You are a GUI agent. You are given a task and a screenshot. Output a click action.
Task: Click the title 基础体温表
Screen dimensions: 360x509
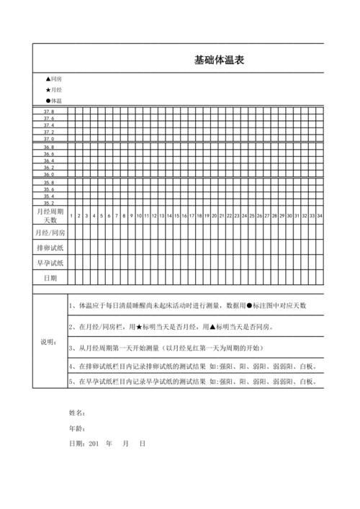(x=219, y=60)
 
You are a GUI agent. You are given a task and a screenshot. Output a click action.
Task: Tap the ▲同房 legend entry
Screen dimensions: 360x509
(x=53, y=78)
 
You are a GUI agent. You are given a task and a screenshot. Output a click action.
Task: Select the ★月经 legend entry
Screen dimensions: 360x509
(x=53, y=90)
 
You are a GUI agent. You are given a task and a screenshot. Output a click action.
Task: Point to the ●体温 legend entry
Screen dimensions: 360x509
(x=53, y=101)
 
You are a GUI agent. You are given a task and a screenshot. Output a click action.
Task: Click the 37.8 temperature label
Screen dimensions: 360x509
(x=49, y=112)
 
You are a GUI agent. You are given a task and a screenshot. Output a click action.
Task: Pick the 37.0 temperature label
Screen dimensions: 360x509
(x=49, y=139)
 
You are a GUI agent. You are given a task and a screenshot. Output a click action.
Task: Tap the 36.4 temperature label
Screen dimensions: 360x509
(x=49, y=161)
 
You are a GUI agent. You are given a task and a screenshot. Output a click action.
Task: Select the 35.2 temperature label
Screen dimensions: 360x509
(x=49, y=203)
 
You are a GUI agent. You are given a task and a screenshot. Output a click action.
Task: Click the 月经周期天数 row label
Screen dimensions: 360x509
(x=50, y=215)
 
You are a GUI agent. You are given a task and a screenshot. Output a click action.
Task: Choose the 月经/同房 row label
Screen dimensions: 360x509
(x=50, y=233)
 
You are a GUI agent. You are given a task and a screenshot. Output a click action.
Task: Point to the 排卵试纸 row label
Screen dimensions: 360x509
(x=50, y=248)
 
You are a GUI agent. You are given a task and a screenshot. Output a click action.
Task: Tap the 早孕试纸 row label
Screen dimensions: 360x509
(x=50, y=263)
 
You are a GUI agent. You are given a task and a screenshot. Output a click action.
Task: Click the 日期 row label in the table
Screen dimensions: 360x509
(x=50, y=277)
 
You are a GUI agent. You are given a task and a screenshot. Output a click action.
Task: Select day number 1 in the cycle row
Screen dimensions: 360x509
(x=71, y=216)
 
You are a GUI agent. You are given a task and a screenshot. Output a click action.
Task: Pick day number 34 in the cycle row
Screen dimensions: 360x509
(x=320, y=216)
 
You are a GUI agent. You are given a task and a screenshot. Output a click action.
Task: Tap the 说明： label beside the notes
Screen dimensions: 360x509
(x=49, y=342)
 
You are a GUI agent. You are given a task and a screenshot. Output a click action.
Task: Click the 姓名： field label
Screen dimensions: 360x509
(x=77, y=413)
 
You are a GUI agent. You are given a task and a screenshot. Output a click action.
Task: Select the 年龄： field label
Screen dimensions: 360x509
(x=77, y=428)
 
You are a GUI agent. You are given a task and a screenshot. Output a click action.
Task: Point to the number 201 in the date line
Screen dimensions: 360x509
(x=92, y=443)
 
